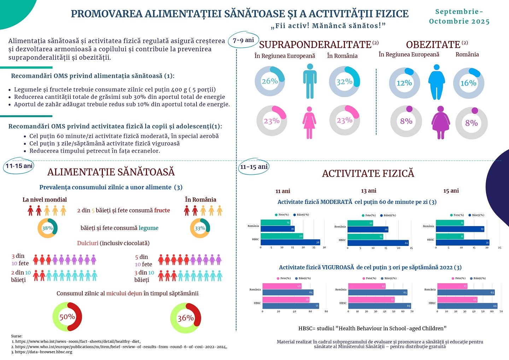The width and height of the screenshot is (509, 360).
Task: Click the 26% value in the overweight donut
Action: [x=270, y=81]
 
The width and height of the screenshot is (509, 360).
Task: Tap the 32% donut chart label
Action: [x=344, y=82]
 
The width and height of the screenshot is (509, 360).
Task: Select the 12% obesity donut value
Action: [x=404, y=83]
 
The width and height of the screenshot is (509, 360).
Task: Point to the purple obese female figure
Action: [x=440, y=122]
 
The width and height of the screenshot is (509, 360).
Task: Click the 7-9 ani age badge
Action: [x=244, y=40]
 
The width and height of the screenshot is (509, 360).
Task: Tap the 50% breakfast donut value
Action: [x=67, y=317]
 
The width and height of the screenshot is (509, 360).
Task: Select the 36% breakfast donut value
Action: [x=185, y=318]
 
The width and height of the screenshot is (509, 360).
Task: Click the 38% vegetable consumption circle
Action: [x=47, y=228]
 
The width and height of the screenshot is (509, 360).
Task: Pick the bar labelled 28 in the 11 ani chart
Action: [x=290, y=242]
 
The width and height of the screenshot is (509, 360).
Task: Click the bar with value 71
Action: [x=291, y=306]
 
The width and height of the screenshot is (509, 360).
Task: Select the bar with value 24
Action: [x=378, y=243]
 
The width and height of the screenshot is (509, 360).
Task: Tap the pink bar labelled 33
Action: [x=452, y=286]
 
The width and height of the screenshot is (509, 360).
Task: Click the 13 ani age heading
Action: [x=368, y=191]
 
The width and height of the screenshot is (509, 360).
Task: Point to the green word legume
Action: [x=148, y=228]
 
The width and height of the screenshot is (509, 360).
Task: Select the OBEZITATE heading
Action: [x=433, y=45]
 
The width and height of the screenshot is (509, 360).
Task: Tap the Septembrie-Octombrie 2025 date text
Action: [x=459, y=17]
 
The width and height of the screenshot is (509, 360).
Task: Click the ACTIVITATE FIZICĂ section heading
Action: [x=368, y=173]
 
